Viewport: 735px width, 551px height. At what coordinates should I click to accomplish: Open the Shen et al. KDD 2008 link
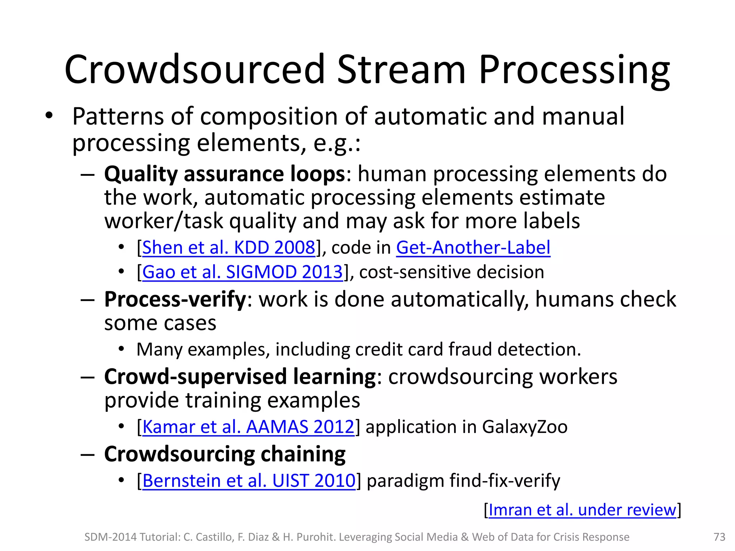pos(229,248)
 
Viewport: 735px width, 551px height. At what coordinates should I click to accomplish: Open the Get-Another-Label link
pos(473,248)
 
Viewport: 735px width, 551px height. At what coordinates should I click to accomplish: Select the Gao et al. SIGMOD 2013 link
pos(243,272)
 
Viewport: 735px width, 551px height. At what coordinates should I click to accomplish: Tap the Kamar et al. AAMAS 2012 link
pos(248,427)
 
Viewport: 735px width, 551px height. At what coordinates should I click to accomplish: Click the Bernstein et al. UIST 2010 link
pos(249,481)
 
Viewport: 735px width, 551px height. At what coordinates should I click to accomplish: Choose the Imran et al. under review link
pos(582,510)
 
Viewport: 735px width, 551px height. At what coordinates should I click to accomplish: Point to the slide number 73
pos(719,537)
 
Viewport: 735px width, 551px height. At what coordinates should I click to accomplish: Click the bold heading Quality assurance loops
pos(225,174)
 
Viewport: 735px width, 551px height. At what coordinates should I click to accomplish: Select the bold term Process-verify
pos(175,299)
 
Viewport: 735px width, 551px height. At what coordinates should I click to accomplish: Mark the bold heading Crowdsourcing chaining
pos(225,454)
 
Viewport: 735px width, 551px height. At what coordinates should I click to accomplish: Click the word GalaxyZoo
pos(525,427)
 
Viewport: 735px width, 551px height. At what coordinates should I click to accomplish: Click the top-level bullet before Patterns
pos(49,116)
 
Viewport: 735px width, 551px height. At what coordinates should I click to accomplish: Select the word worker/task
pos(164,221)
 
